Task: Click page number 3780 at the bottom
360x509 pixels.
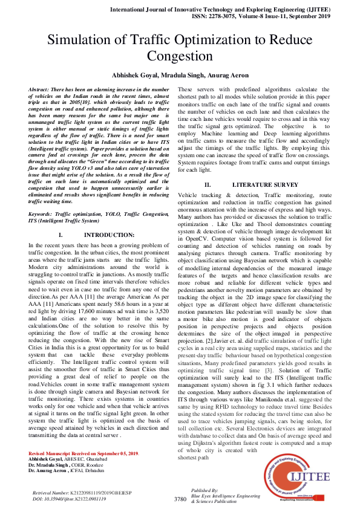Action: pos(180,499)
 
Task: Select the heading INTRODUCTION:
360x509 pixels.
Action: pos(100,234)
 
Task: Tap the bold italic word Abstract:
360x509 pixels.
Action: pos(41,89)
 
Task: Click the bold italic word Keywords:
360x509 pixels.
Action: pos(42,215)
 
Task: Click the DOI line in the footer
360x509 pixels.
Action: pos(70,499)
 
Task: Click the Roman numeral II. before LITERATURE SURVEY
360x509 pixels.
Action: pos(207,184)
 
